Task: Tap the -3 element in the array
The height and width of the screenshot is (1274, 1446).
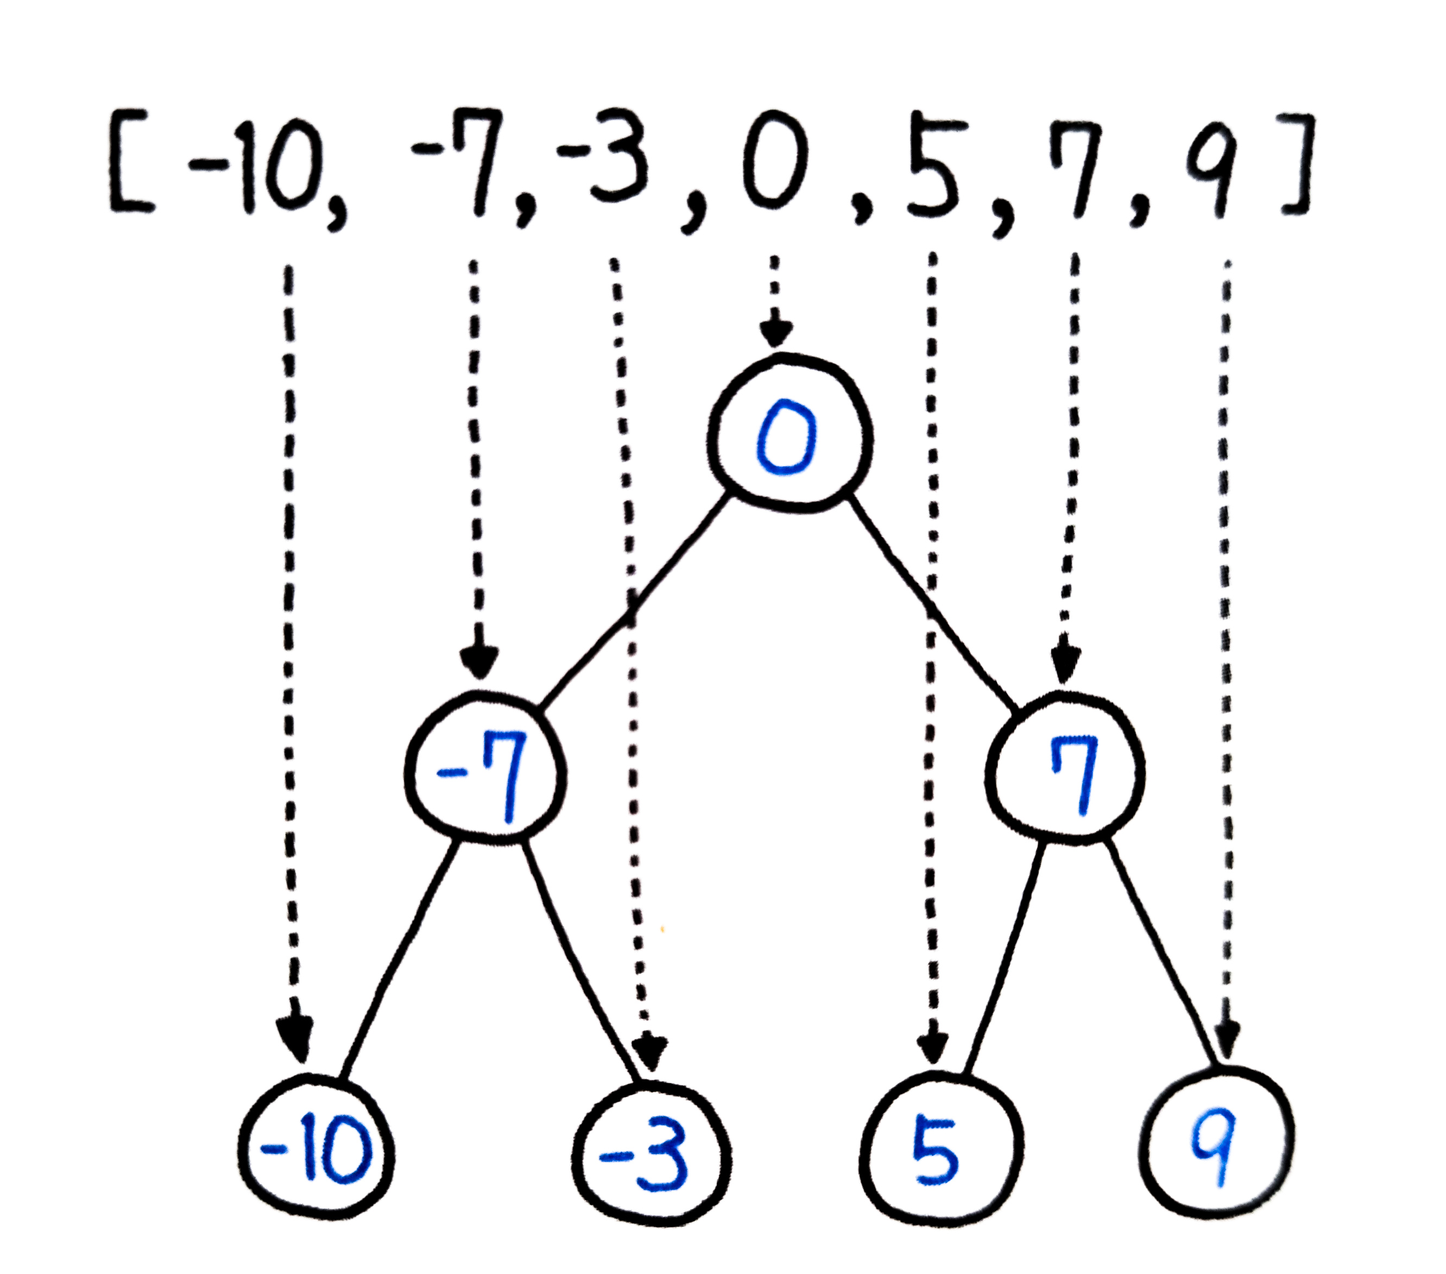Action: [605, 159]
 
